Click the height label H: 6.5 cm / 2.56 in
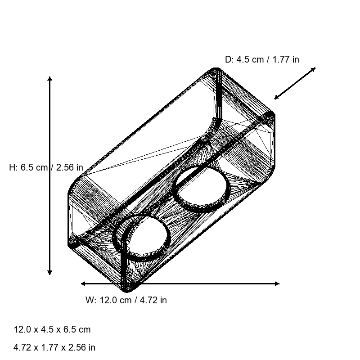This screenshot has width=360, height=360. [x=46, y=167]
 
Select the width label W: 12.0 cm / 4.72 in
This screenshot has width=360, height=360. [x=126, y=300]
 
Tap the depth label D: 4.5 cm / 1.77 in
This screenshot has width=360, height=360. [x=262, y=59]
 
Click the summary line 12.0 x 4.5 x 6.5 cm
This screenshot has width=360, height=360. [x=52, y=329]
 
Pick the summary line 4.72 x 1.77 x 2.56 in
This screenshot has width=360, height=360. [x=54, y=347]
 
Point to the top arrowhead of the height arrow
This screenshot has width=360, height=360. [x=49, y=79]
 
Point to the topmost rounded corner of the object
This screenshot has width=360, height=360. [x=216, y=70]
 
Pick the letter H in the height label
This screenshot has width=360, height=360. [x=12, y=167]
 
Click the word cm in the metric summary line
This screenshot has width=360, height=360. [x=85, y=329]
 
